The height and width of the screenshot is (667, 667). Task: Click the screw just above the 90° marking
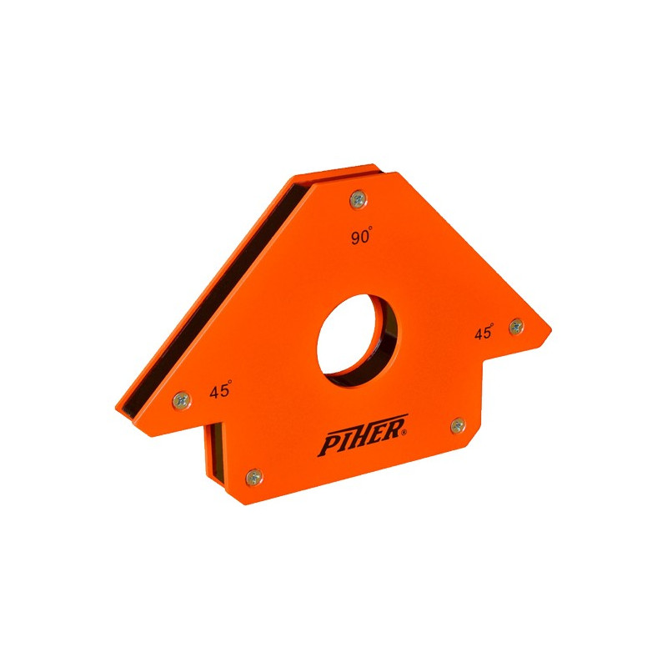tap(359, 199)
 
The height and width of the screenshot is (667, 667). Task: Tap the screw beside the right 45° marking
tap(516, 326)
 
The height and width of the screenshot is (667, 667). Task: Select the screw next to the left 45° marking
tap(182, 400)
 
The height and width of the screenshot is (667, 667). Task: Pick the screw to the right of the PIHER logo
tap(458, 425)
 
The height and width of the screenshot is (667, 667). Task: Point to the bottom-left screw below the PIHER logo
tap(254, 477)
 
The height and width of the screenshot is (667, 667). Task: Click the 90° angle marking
tap(362, 236)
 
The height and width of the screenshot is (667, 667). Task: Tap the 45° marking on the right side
tap(484, 331)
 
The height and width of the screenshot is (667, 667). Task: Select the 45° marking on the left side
tap(220, 389)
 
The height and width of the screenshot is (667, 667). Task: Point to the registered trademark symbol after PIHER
tap(404, 433)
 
